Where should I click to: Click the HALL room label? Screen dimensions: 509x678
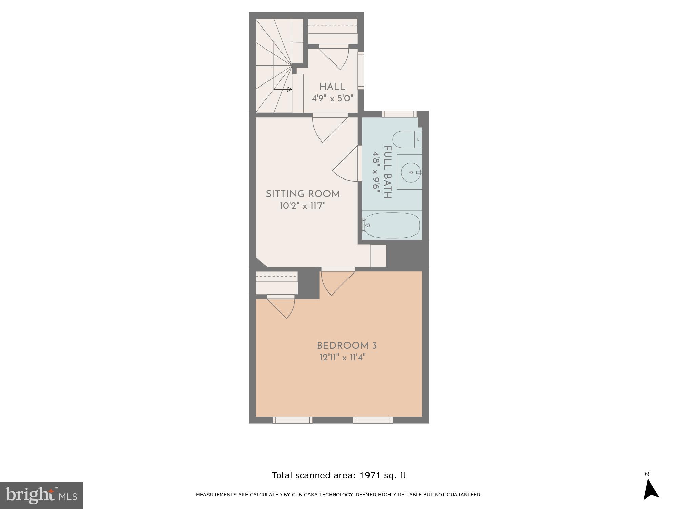pos(332,87)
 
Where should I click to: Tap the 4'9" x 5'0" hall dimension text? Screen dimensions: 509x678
pos(332,99)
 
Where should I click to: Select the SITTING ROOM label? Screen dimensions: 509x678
pos(303,194)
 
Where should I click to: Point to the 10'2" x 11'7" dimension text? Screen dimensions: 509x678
pos(303,206)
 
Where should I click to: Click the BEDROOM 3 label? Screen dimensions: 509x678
pos(346,346)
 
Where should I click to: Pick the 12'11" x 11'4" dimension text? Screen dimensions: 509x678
pos(343,358)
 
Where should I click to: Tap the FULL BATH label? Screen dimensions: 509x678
pos(388,172)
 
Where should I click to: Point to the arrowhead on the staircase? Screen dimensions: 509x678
pos(290,89)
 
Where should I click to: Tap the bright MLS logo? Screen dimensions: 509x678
pos(41,495)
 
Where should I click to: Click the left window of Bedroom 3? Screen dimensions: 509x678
pos(292,420)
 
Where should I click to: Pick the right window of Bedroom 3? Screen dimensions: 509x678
pos(373,420)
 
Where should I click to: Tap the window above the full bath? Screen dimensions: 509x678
pos(399,114)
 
